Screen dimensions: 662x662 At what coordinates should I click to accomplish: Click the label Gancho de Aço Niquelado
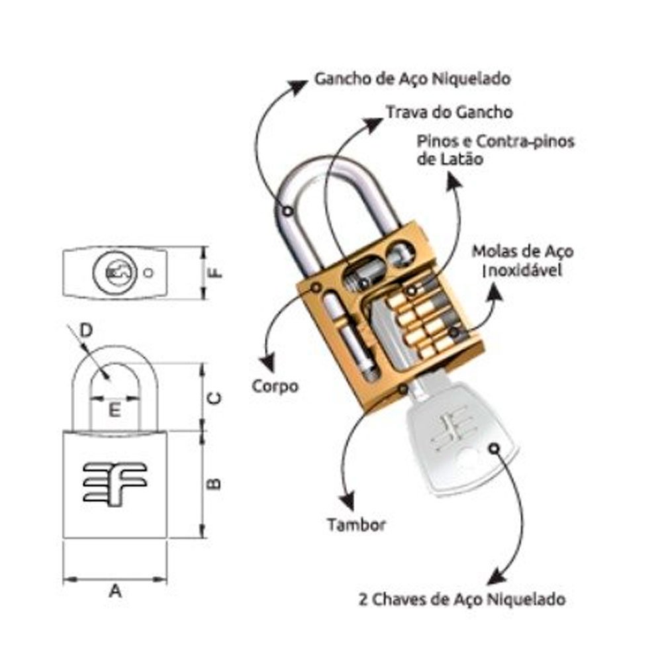(412, 79)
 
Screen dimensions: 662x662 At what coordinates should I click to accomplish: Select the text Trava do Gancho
(449, 112)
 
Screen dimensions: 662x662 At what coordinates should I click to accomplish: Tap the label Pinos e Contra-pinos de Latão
(496, 150)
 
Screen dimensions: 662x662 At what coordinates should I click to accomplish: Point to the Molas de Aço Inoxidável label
(522, 261)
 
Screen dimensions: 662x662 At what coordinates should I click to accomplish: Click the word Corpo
(275, 386)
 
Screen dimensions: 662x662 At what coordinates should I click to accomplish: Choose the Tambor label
(355, 526)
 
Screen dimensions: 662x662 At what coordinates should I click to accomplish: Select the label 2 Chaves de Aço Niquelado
(462, 600)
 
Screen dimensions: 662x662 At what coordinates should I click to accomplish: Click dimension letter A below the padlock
(115, 591)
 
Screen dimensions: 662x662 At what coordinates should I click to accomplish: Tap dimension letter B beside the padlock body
(214, 485)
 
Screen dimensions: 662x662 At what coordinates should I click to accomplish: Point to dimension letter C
(214, 398)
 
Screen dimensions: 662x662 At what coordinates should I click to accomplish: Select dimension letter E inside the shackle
(115, 410)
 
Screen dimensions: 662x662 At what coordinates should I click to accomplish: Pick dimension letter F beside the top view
(214, 272)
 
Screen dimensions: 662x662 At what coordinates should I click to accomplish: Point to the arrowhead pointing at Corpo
(267, 361)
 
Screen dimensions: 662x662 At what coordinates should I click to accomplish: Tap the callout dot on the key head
(493, 448)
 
